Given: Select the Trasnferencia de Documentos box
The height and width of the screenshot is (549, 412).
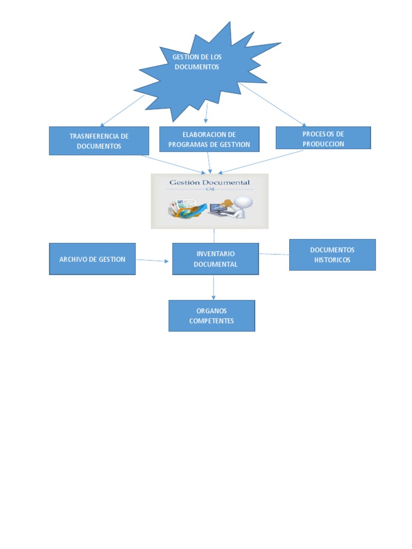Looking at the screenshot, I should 91,141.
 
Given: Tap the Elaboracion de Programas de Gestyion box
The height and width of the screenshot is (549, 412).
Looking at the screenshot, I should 209,139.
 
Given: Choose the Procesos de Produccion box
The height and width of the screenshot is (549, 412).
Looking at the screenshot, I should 323,138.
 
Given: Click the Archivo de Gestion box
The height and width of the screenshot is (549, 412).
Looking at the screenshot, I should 92,259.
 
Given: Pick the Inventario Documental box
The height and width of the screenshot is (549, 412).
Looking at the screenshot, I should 215,259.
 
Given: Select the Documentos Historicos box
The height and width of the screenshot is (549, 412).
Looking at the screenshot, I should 332,255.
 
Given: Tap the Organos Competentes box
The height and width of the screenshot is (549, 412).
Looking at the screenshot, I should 211,316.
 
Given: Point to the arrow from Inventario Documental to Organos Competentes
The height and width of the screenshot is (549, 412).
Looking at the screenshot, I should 214,287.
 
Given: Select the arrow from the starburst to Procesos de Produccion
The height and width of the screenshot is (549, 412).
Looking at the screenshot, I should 273,105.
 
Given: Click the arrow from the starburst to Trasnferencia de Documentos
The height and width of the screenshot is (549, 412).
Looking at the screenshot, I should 122,110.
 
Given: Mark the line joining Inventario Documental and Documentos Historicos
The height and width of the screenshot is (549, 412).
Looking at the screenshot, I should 274,254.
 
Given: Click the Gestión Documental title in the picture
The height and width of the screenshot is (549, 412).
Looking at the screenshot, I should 209,182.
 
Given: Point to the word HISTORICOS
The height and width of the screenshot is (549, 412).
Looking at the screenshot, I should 332,260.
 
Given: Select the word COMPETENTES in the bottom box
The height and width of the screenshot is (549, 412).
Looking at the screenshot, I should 211,321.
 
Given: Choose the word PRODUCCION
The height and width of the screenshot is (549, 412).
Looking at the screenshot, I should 323,144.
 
